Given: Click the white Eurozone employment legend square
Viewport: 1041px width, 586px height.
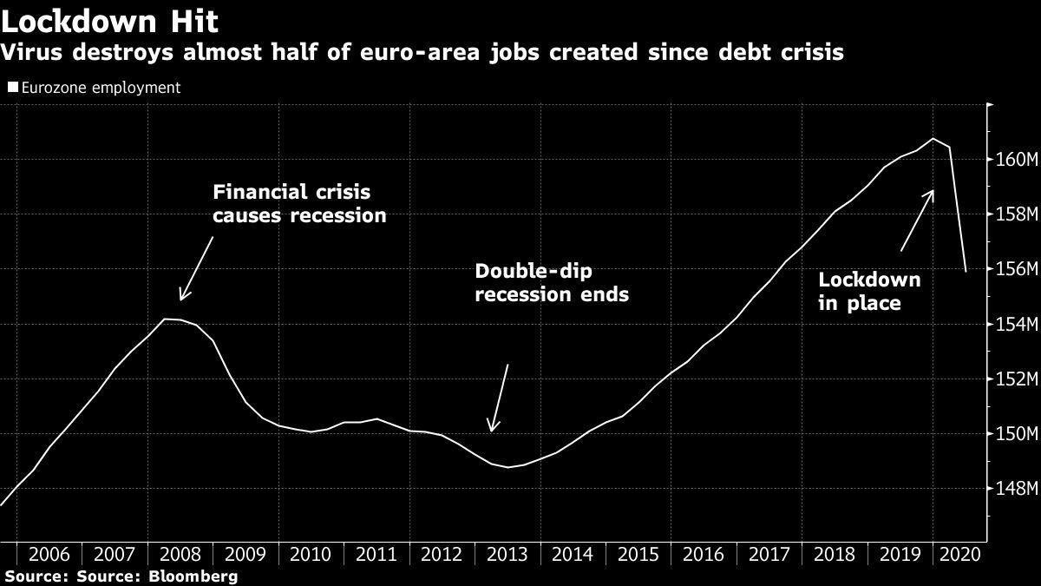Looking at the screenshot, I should [x=12, y=88].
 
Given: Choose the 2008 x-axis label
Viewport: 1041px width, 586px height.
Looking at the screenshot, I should [x=180, y=555].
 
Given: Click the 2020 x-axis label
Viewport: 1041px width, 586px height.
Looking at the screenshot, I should [x=960, y=555].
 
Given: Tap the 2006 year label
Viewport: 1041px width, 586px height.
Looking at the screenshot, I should [x=49, y=555].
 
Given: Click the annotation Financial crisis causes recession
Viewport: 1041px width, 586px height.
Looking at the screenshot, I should [x=299, y=204].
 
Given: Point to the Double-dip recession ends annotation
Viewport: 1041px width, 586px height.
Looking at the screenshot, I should [x=552, y=283].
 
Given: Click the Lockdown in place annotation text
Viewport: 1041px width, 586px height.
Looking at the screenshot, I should [x=869, y=292].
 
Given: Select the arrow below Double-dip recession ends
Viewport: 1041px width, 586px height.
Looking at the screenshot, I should [x=499, y=398].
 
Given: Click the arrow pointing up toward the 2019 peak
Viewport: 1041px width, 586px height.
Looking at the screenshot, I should [x=917, y=220].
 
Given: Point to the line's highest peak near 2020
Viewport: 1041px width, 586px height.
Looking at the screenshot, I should [x=933, y=138].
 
